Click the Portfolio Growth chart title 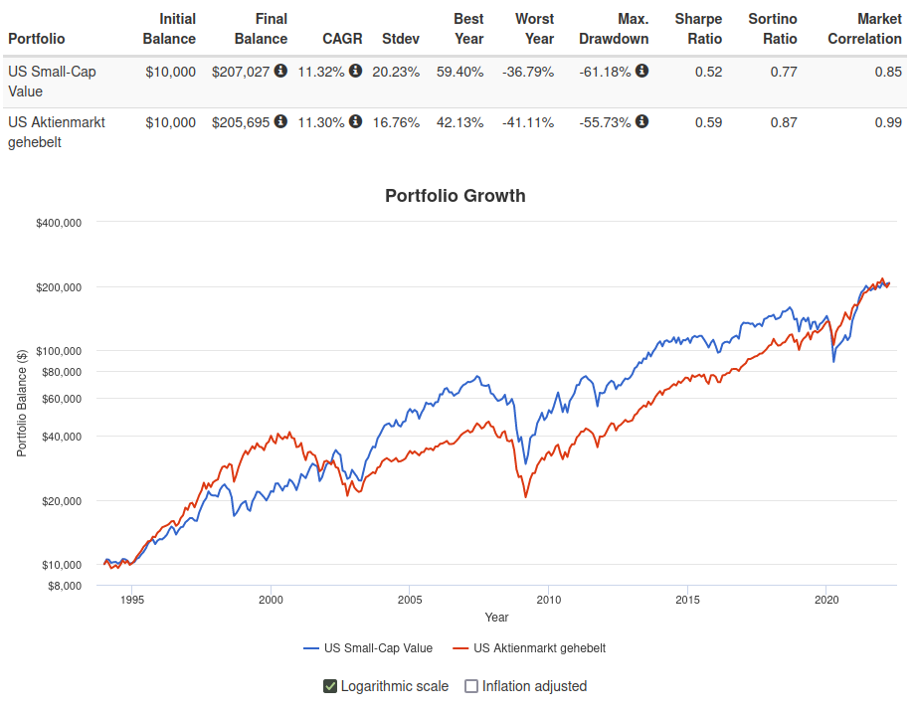coord(455,196)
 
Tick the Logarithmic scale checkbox coord(330,686)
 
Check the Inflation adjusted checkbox coord(472,686)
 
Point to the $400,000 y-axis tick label coord(59,223)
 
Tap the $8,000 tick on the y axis coord(64,586)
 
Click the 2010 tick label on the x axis coord(548,600)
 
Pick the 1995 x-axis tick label coord(132,600)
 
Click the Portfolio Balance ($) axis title coord(22,403)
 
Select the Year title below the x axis coord(496,618)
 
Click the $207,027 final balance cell coord(242,72)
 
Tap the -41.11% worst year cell coord(527,122)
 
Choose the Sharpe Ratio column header coord(698,29)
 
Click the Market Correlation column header coord(864,29)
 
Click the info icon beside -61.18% coord(641,71)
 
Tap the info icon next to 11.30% coord(355,121)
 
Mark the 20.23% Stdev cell coord(396,72)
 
